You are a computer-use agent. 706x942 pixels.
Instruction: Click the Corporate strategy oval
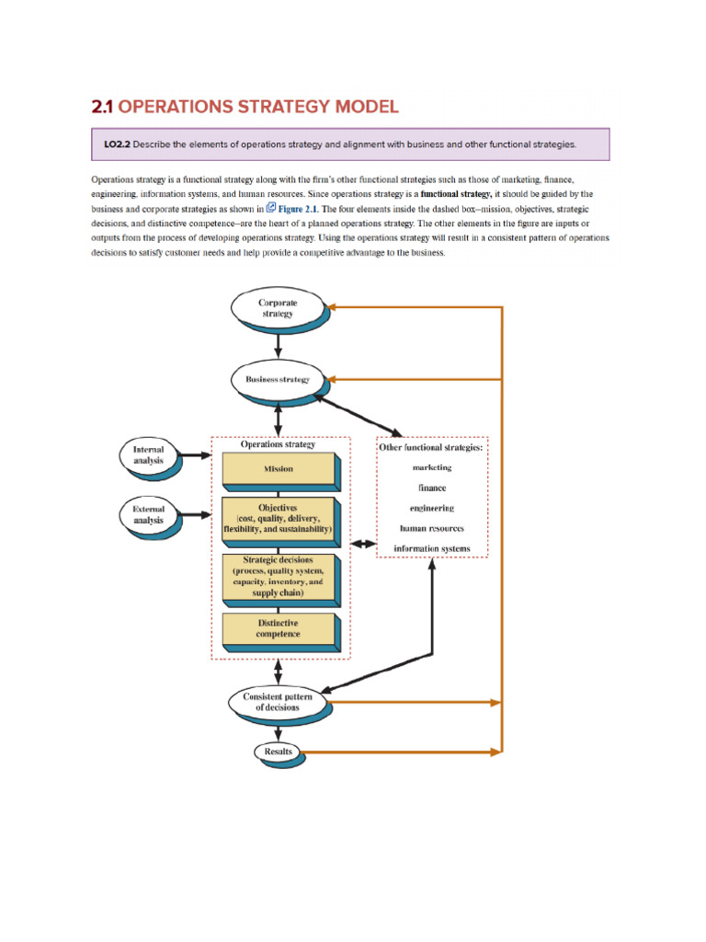[277, 307]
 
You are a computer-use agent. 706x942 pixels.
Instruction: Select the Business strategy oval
[277, 379]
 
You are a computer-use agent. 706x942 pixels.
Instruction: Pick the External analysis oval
[148, 514]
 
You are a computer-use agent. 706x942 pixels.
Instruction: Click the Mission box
[279, 469]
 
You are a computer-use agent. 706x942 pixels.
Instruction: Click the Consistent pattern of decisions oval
[277, 702]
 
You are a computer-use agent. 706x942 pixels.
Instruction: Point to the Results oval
[278, 752]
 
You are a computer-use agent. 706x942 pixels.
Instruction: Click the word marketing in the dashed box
[432, 467]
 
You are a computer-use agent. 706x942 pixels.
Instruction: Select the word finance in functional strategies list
[432, 488]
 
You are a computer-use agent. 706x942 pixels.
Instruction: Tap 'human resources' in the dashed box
[432, 528]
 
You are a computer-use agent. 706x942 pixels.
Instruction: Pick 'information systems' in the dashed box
[432, 549]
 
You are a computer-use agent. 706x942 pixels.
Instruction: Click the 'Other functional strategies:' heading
[432, 448]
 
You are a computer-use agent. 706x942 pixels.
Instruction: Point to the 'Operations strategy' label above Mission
[278, 444]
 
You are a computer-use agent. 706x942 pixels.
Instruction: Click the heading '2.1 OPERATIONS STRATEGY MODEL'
[245, 107]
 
